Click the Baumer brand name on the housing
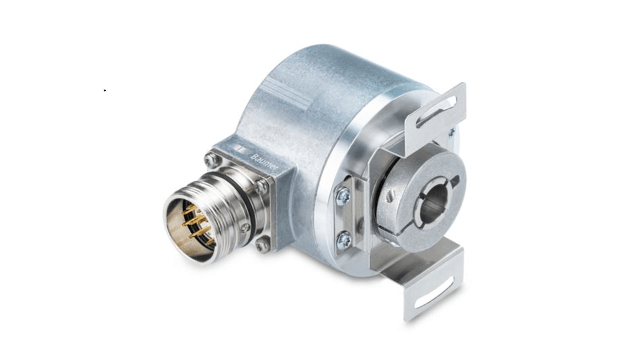[x=265, y=162]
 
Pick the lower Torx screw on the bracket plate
[x=344, y=240]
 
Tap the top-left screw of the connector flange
[x=210, y=159]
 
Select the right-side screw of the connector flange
[x=262, y=185]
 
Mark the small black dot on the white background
[x=105, y=91]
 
